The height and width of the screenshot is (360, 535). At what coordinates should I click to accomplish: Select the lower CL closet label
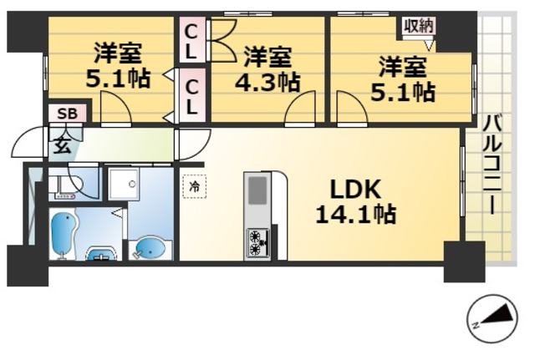tap(191, 95)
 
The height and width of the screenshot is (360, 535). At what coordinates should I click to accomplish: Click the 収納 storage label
tap(419, 25)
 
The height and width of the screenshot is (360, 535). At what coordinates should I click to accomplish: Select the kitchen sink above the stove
tap(256, 196)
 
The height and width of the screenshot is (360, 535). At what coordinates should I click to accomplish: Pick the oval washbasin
tap(150, 249)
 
